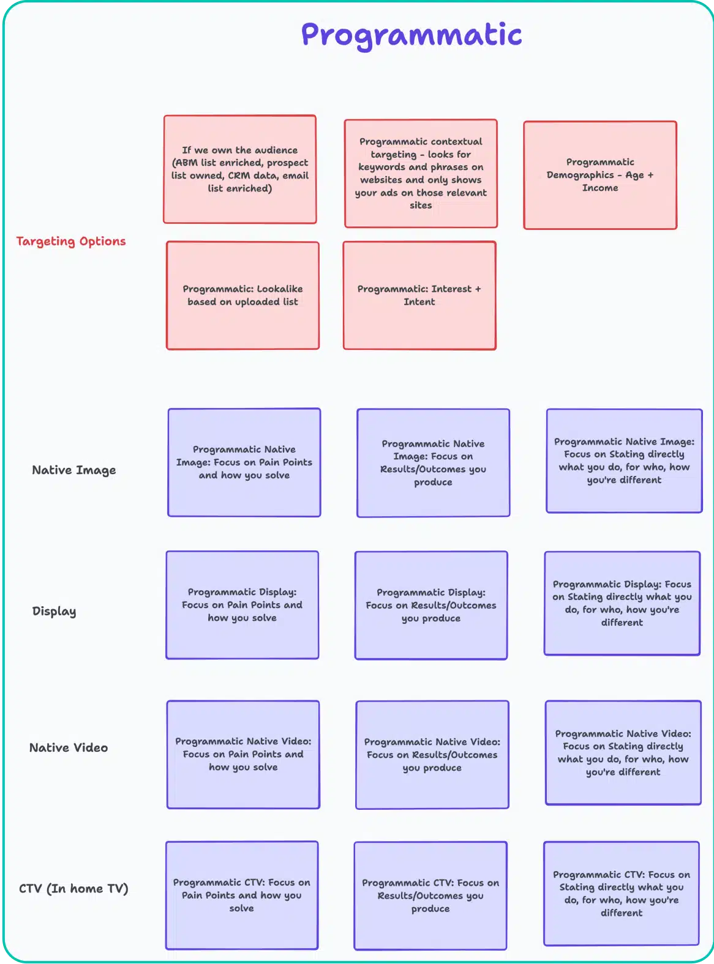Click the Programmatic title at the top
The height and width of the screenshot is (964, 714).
(411, 35)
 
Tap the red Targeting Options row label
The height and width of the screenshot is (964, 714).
(71, 241)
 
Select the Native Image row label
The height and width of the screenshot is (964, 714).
(74, 470)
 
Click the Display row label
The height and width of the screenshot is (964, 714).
(54, 611)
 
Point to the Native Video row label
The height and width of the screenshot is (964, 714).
(69, 747)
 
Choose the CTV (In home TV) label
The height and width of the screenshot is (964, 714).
(73, 888)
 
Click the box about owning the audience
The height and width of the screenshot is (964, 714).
(240, 169)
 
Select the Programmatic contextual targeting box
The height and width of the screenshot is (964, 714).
(421, 173)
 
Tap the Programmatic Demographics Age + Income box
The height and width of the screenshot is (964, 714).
(600, 175)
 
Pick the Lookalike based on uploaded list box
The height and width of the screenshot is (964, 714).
(242, 295)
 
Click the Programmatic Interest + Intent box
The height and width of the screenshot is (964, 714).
(419, 295)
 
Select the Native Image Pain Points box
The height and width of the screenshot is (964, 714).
(244, 462)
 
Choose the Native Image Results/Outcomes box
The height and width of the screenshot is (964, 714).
(433, 463)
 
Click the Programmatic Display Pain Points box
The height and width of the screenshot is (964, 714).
(242, 605)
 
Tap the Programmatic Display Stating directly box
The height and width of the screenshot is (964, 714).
(622, 603)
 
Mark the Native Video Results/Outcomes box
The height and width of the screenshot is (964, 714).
(432, 755)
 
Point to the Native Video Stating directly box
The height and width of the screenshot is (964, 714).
(623, 752)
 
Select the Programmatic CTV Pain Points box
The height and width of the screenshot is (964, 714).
(242, 895)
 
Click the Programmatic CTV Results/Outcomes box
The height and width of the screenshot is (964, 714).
(430, 895)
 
